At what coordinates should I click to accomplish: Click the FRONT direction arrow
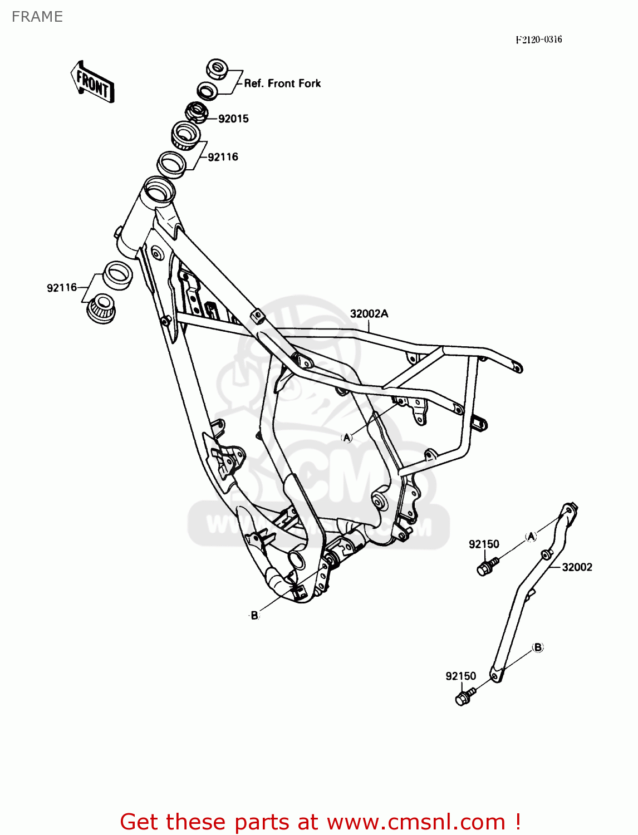tap(92, 82)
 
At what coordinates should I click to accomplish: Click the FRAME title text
tap(37, 17)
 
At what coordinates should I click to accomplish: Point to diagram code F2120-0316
tap(538, 40)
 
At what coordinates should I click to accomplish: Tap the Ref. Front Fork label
tap(282, 83)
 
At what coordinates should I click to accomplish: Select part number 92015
tap(233, 119)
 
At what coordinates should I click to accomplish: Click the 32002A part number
tap(369, 314)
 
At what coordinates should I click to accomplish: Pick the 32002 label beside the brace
tap(577, 567)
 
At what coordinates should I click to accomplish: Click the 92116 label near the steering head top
tap(223, 157)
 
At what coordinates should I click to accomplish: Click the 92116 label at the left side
tap(62, 288)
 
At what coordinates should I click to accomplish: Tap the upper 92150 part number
tap(484, 544)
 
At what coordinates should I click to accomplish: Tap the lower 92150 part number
tap(460, 676)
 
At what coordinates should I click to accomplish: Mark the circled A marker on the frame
tap(347, 438)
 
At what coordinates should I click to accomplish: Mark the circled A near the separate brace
tap(531, 536)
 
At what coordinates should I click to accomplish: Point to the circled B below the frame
tap(254, 615)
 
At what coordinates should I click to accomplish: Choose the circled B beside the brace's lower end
tap(538, 647)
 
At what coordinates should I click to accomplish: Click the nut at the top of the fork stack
tap(217, 69)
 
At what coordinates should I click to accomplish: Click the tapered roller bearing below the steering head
tap(102, 307)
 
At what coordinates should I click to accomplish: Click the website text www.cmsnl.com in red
tap(416, 822)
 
